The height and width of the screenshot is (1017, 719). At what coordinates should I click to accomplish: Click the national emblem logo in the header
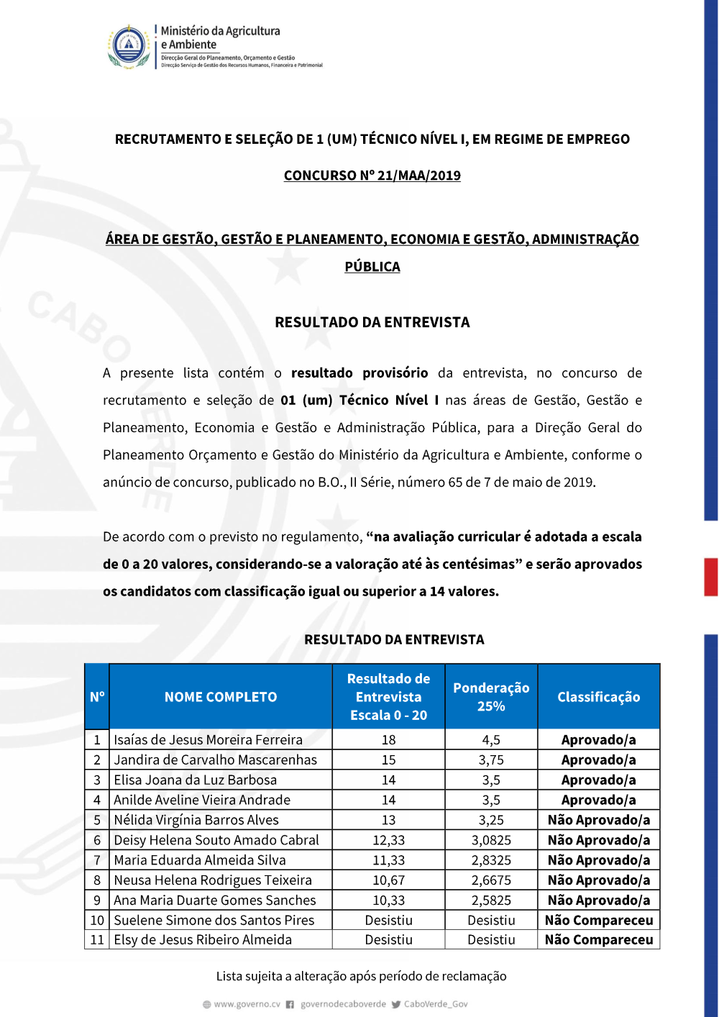pos(129,47)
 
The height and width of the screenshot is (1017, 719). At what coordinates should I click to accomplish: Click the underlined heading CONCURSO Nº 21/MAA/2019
pos(372,175)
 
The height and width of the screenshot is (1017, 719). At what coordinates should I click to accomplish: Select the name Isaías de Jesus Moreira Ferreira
pos(208,739)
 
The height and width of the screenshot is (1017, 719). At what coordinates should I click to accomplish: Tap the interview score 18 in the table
pos(388,739)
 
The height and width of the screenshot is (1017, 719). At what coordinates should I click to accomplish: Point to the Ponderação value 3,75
pos(491,760)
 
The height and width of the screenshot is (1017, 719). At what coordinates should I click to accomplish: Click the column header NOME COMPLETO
pos(220,697)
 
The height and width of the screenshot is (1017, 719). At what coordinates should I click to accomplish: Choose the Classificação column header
pos(598,697)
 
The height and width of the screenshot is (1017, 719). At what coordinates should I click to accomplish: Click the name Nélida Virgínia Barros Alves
pos(196,820)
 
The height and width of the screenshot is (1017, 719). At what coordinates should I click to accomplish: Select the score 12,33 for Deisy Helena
pos(388,840)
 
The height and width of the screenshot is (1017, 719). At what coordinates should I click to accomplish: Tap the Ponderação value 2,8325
pos(491,860)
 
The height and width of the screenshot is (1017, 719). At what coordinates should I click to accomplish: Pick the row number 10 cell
pos(97,920)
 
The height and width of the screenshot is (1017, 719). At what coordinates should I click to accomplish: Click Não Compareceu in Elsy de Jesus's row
pos(598,939)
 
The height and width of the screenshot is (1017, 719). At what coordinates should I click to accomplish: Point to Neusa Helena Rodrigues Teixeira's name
pos(213,880)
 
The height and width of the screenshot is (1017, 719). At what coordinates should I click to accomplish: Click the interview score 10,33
pos(388,900)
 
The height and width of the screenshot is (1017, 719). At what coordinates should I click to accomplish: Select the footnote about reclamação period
pos(361,976)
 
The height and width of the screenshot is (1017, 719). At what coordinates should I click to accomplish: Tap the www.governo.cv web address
pos(247,1004)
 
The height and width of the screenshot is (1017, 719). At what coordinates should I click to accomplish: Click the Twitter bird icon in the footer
pos(396,1004)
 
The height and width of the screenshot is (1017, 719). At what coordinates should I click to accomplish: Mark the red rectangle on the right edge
pos(710,577)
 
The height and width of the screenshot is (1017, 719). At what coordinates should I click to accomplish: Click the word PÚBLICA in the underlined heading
pos(372,267)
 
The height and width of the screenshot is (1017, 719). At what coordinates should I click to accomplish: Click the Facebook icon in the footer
pos(290,1004)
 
